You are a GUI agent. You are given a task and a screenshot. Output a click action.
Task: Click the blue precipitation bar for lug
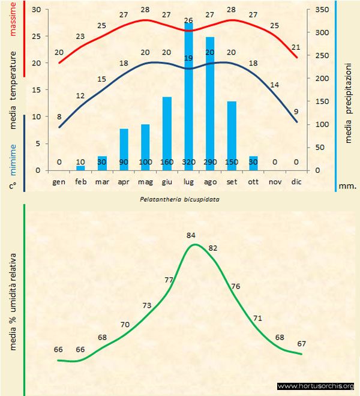pyautogui.click(x=188, y=96)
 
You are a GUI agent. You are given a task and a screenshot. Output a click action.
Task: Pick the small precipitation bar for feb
pyautogui.click(x=81, y=168)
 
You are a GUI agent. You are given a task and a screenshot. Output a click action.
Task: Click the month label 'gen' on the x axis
pyautogui.click(x=59, y=181)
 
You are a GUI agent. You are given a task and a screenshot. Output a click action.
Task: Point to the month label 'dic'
pyautogui.click(x=296, y=181)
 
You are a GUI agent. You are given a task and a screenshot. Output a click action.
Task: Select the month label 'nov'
pyautogui.click(x=274, y=181)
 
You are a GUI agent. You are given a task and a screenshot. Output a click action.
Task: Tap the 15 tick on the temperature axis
pyautogui.click(x=37, y=90)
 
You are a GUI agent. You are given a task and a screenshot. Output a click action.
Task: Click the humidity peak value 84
pyautogui.click(x=192, y=235)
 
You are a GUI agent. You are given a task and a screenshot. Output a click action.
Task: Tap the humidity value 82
pyautogui.click(x=212, y=248)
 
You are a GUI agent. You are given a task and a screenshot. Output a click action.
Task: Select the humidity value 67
pyautogui.click(x=302, y=344)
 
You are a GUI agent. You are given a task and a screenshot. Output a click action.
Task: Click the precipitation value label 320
pyautogui.click(x=188, y=162)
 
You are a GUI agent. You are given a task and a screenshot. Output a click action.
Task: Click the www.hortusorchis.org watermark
pyautogui.click(x=316, y=386)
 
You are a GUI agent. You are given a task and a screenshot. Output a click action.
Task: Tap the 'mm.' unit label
pyautogui.click(x=348, y=187)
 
